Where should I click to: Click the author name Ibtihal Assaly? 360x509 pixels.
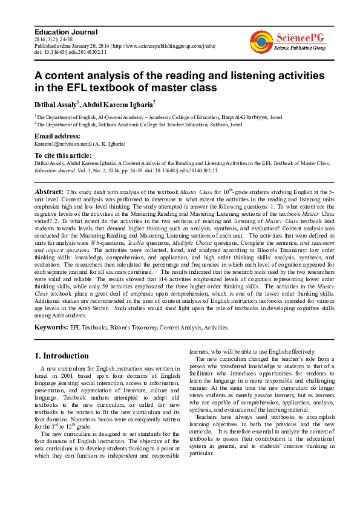coord(55,104)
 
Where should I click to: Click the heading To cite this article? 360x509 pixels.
coord(68,155)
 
